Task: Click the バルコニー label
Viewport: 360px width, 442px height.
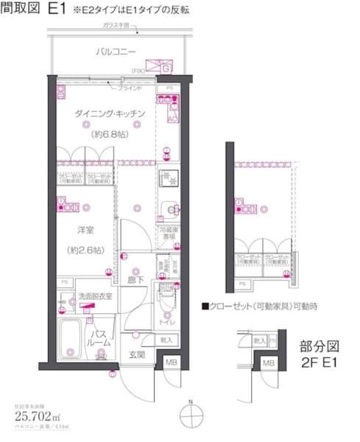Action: [x=116, y=52]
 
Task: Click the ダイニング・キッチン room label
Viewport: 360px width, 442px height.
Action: [x=110, y=114]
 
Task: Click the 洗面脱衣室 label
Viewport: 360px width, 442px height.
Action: [x=96, y=296]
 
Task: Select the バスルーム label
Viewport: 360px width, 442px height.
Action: [x=101, y=339]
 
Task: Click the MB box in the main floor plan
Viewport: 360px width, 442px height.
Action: [x=171, y=363]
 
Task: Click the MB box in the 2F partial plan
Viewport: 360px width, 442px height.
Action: [x=267, y=363]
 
